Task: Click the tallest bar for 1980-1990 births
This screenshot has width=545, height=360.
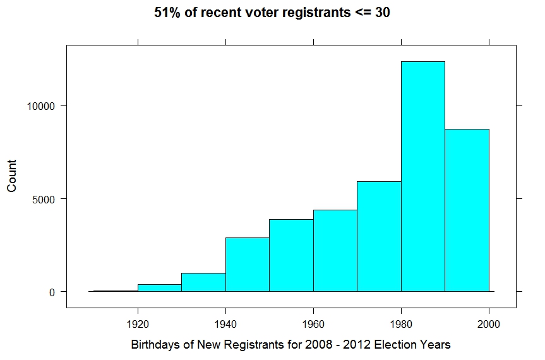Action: pos(422,176)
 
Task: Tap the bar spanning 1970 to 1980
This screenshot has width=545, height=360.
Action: pos(379,236)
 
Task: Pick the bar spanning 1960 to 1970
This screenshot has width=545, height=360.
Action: pos(335,251)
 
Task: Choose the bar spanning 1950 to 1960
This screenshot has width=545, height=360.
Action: pos(291,255)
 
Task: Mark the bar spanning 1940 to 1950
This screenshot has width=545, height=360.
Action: pos(248,265)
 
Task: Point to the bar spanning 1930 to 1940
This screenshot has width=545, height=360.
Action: pos(203,282)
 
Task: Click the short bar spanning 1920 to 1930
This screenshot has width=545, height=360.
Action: pos(160,288)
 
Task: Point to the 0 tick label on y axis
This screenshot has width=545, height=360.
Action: pos(53,292)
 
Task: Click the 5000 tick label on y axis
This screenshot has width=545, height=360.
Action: pos(44,199)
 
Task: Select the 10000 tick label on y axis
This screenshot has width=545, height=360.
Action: pos(42,106)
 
